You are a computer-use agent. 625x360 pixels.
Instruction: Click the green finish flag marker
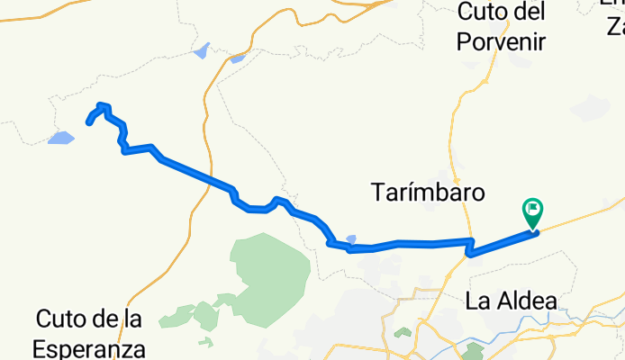coord(531,213)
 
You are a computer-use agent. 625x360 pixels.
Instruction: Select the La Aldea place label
coord(511,301)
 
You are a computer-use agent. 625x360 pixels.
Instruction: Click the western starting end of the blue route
coord(88,122)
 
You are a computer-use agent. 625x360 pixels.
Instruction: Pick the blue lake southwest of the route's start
coord(61,138)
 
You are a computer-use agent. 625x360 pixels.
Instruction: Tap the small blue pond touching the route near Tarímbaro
coord(351,239)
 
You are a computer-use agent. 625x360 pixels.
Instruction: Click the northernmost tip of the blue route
coord(102,105)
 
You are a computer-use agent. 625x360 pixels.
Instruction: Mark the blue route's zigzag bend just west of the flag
coord(470,247)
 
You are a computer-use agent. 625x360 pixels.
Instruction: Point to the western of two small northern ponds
coord(201,50)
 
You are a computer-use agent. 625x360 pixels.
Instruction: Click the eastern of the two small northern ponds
coord(238,59)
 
